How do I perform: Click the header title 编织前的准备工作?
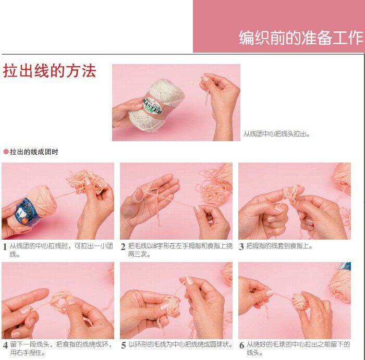[300, 38]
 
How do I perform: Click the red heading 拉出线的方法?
[50, 71]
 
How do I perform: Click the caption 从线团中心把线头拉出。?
[277, 134]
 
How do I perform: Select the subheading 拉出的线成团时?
[34, 152]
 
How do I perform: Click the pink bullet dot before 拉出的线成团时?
[6, 152]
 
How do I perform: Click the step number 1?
[5, 246]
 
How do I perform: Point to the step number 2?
[123, 246]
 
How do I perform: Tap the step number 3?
[241, 246]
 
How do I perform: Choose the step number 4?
[5, 345]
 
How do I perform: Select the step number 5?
[123, 345]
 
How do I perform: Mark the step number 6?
[241, 345]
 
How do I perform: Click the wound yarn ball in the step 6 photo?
[300, 301]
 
